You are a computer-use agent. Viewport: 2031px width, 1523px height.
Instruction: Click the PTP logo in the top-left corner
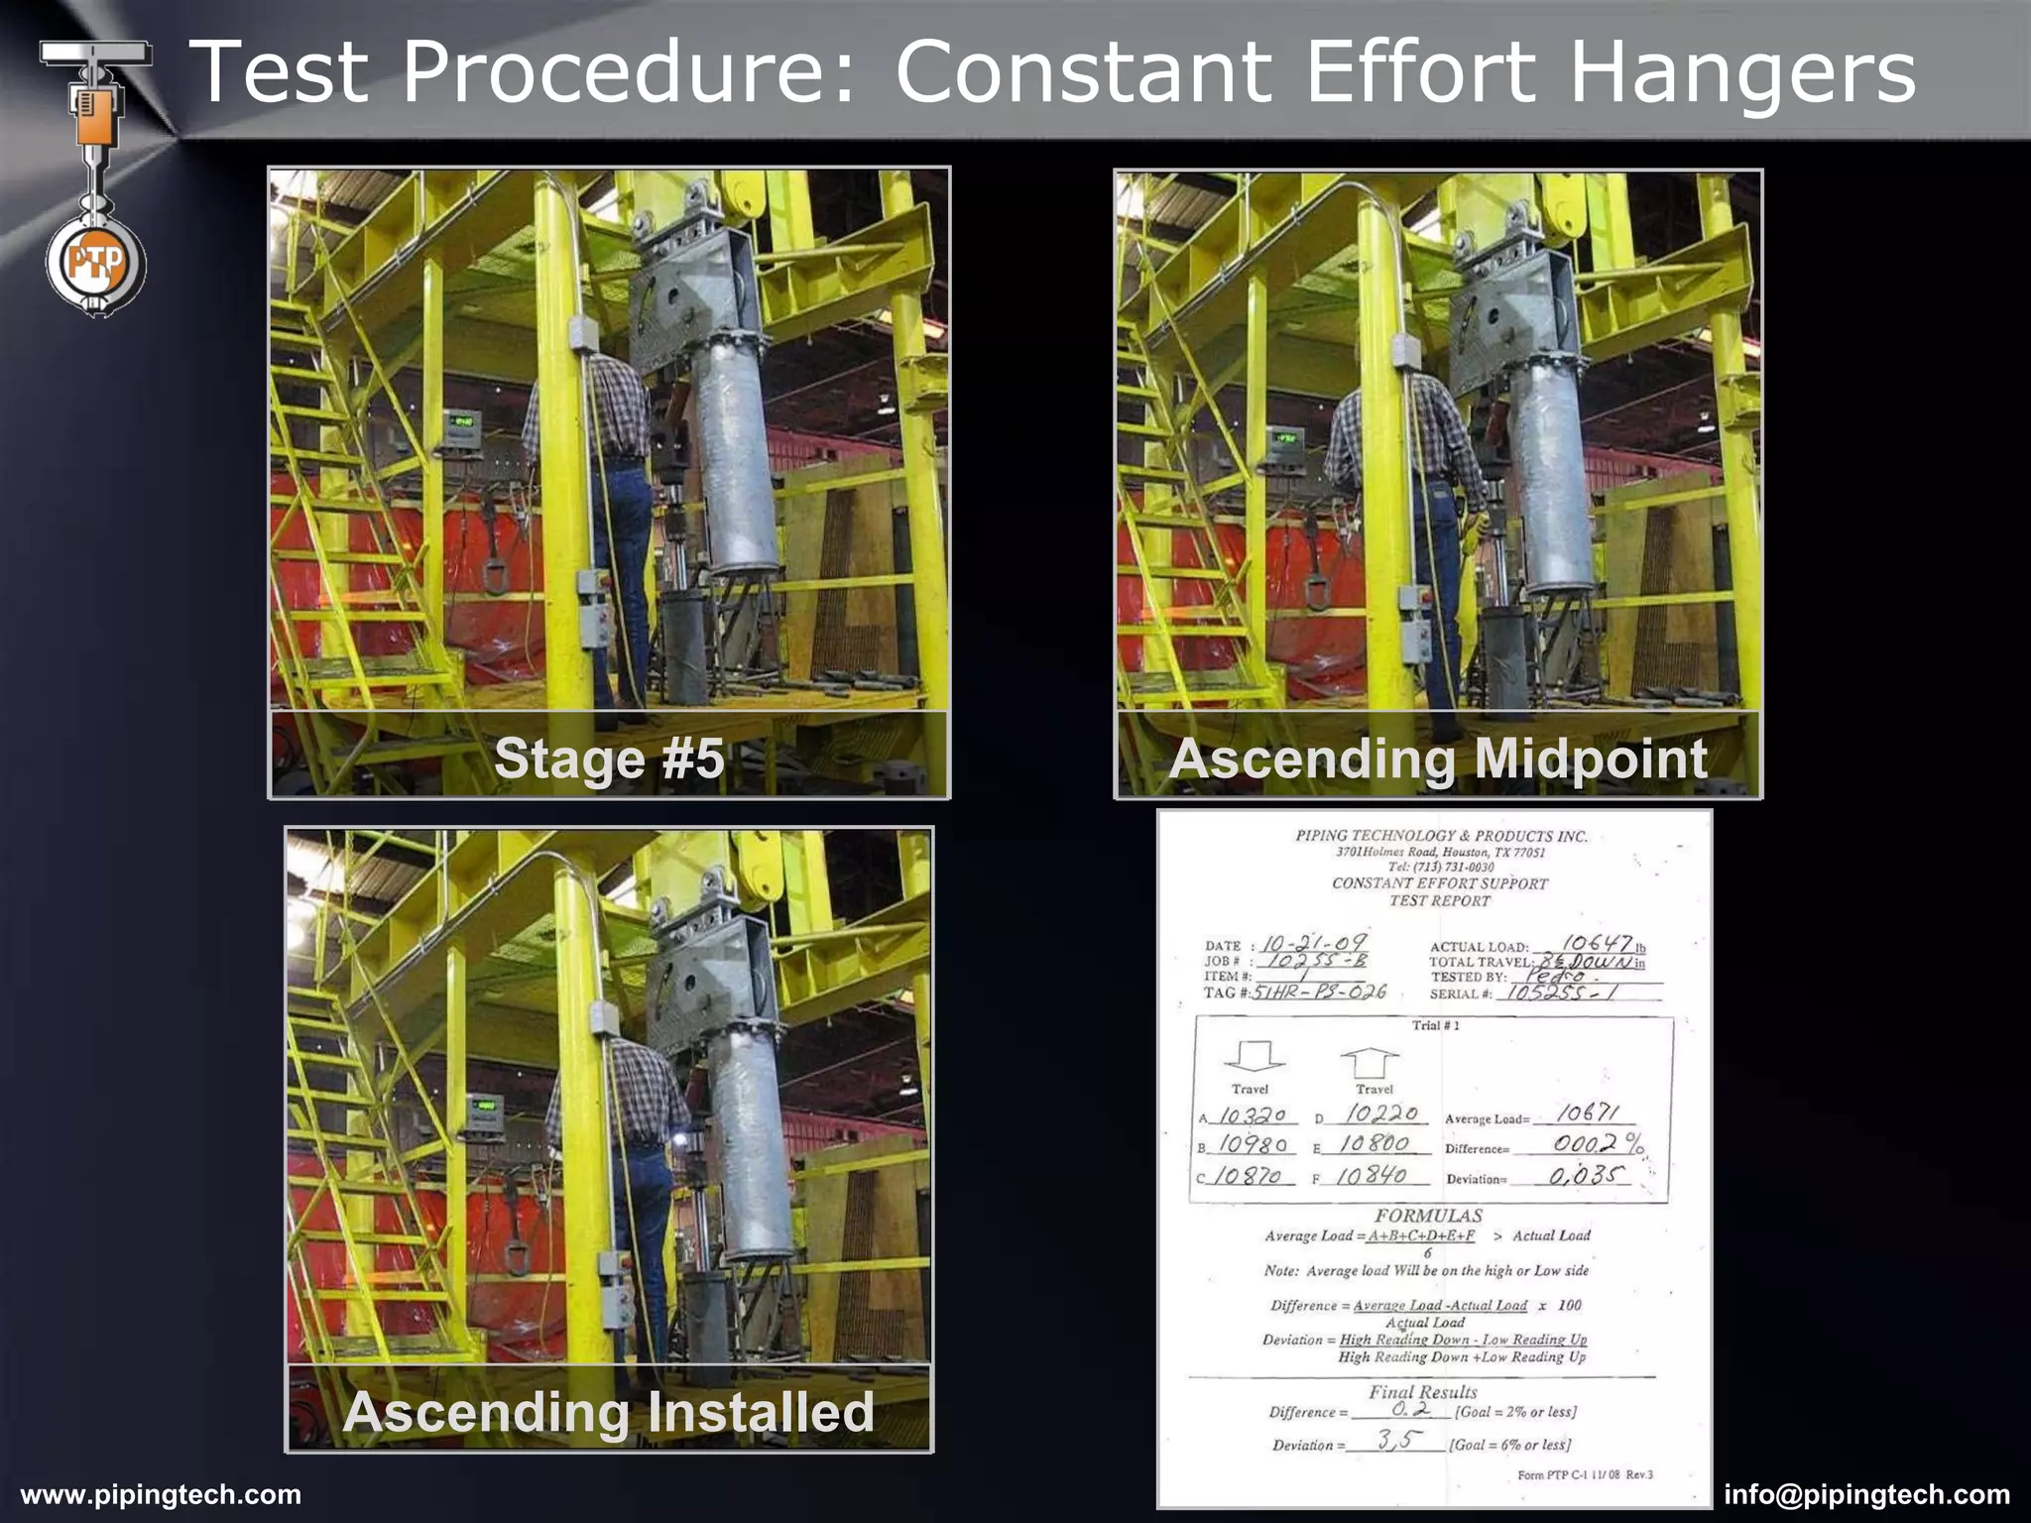(x=96, y=264)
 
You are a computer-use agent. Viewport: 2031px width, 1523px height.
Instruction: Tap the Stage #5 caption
(x=609, y=759)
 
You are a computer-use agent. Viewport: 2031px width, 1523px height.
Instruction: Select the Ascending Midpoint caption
(x=1438, y=759)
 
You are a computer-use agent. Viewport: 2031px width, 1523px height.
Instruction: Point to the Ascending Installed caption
(x=609, y=1411)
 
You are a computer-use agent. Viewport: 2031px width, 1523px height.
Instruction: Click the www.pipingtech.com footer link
(x=161, y=1494)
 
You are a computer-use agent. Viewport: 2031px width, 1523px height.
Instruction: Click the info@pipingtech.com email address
(x=1866, y=1494)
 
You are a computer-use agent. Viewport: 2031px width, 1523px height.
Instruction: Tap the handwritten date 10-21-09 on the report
(x=1314, y=942)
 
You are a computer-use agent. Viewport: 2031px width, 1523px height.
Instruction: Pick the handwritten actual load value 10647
(x=1597, y=943)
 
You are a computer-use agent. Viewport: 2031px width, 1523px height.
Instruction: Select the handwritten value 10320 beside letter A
(x=1252, y=1115)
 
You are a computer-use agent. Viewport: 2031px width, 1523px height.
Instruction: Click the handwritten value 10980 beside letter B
(x=1253, y=1145)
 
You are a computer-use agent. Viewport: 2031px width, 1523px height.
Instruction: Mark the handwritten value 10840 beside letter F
(x=1372, y=1176)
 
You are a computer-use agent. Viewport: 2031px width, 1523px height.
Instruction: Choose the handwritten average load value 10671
(x=1588, y=1114)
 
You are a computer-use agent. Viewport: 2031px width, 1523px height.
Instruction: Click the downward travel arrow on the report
(x=1255, y=1055)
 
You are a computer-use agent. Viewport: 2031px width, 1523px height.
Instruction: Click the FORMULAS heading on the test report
(x=1428, y=1216)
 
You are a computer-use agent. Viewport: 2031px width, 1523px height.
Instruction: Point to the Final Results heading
(x=1423, y=1392)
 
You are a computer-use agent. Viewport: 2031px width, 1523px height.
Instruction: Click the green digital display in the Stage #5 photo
(x=461, y=421)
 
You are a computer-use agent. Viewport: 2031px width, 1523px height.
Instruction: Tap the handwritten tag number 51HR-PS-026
(x=1319, y=992)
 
